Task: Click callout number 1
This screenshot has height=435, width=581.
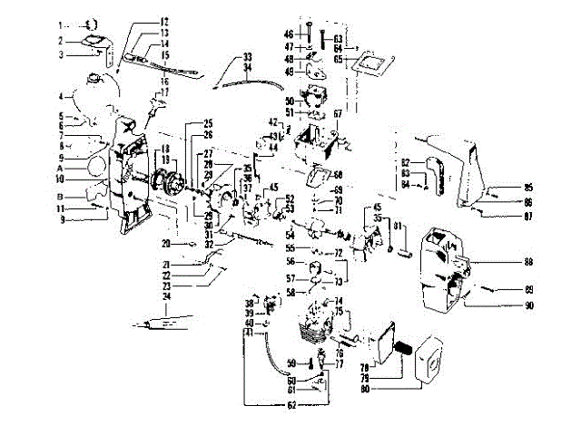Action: [x=59, y=24]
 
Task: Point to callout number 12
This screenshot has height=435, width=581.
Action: [x=164, y=21]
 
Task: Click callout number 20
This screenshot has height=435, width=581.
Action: [x=165, y=244]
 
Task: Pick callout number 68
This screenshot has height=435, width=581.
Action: [x=337, y=175]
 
